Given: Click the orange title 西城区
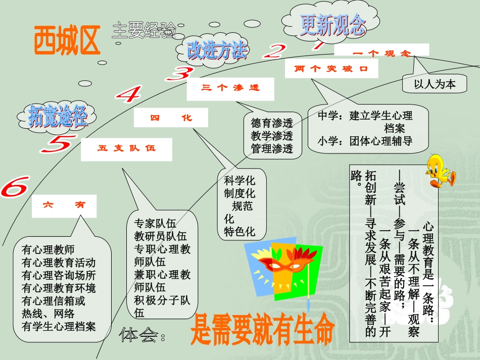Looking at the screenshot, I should point(67,41).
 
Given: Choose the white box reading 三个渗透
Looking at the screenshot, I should point(230,88).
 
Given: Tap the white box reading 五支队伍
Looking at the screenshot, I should point(126,149).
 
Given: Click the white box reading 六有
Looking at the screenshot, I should point(64,205).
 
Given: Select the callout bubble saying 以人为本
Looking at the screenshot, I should point(435,84).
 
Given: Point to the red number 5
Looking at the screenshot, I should point(57,145).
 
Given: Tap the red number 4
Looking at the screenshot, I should point(126,94).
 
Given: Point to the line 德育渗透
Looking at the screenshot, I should point(272,123).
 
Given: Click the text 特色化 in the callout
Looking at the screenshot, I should point(239,232).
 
